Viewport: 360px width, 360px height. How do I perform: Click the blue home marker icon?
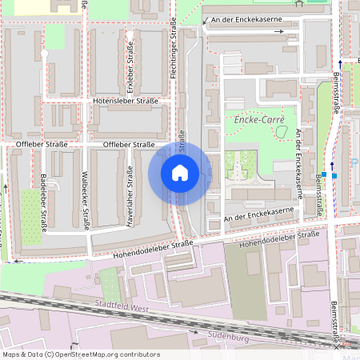tap(180, 173)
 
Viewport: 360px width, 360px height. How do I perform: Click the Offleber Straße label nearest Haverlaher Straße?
tap(129, 144)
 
